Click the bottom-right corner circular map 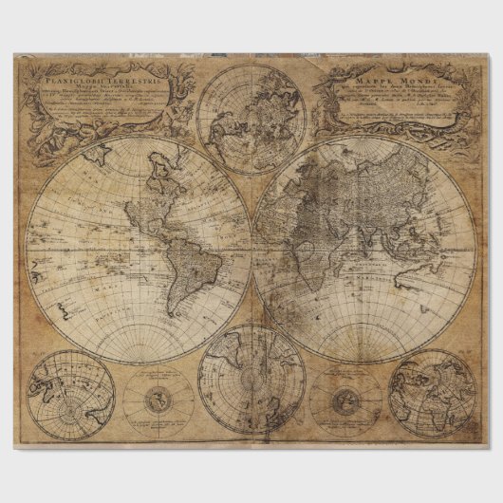[x=432, y=393]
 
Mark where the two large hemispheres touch [x=251, y=249]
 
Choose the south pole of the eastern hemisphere [x=364, y=361]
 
